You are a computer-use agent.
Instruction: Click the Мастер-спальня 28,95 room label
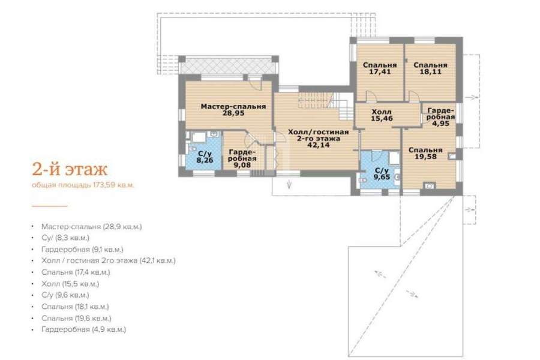[x=233, y=110]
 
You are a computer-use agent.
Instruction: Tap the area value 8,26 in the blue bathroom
[x=205, y=160]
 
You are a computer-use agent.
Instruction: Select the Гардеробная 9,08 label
[x=242, y=158]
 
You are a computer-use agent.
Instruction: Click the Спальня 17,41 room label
[x=380, y=68]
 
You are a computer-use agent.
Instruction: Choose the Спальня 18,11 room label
[x=430, y=68]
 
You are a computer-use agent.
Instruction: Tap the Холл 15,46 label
[x=382, y=115]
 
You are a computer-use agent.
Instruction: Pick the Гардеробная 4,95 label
[x=441, y=117]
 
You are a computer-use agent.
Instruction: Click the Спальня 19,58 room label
[x=425, y=154]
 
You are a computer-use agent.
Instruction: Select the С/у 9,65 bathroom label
[x=382, y=174]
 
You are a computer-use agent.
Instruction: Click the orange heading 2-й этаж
[x=70, y=169]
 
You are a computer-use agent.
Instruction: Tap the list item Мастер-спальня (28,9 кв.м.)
[x=92, y=227]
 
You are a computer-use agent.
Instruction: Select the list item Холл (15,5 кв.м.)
[x=70, y=284]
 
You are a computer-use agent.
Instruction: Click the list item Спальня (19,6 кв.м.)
[x=76, y=318]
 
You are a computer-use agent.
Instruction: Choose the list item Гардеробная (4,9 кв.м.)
[x=83, y=329]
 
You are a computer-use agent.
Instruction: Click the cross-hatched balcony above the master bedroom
[x=227, y=65]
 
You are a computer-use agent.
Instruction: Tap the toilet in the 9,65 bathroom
[x=362, y=180]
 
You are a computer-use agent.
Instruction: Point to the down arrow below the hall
[x=289, y=184]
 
